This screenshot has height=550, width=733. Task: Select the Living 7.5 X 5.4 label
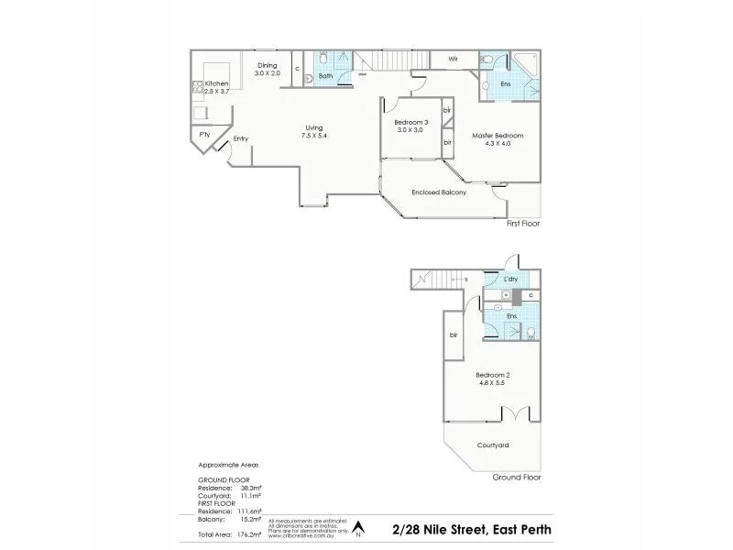coord(314,131)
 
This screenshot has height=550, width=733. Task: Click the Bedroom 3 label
coord(411,126)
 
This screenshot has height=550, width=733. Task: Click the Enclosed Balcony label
coord(439,192)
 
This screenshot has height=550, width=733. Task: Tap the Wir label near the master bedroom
coord(453,59)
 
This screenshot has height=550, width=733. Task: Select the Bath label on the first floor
coord(325,76)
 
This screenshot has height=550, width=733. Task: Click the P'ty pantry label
coord(203,135)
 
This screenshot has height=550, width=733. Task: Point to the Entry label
coord(240,138)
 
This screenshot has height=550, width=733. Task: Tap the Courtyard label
coord(493,445)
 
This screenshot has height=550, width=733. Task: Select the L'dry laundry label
coord(510,278)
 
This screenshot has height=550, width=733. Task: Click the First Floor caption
coord(522,223)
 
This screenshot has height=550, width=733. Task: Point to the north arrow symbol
coord(359,528)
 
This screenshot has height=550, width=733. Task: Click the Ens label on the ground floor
coord(510,316)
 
